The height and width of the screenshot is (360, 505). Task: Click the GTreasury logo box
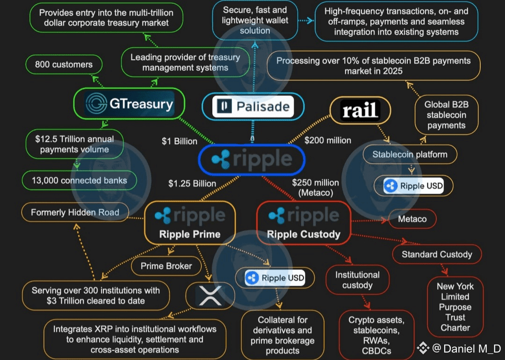pos(129,104)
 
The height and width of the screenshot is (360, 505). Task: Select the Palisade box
pos(253,107)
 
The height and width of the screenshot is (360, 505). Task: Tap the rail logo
pos(360,111)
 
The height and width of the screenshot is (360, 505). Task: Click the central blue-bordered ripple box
pos(252,159)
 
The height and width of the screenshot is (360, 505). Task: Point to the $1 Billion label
pos(180,141)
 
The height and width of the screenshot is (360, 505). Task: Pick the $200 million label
pos(328,140)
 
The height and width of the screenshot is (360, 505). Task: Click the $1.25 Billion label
pos(192,183)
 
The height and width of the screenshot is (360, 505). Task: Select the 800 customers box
pos(64,65)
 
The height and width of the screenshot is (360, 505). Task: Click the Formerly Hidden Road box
pos(75,213)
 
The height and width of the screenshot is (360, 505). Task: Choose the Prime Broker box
pos(166,266)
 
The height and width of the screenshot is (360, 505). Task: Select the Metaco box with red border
pos(412,219)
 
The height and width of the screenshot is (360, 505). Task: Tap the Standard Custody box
pos(437,254)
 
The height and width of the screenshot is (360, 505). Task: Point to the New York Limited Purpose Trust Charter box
pos(455,307)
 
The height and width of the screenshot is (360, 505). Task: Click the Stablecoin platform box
pos(410,154)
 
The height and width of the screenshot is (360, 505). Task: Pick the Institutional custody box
pos(357,280)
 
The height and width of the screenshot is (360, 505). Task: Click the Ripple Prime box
pos(190,223)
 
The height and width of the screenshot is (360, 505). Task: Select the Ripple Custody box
pos(303,223)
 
